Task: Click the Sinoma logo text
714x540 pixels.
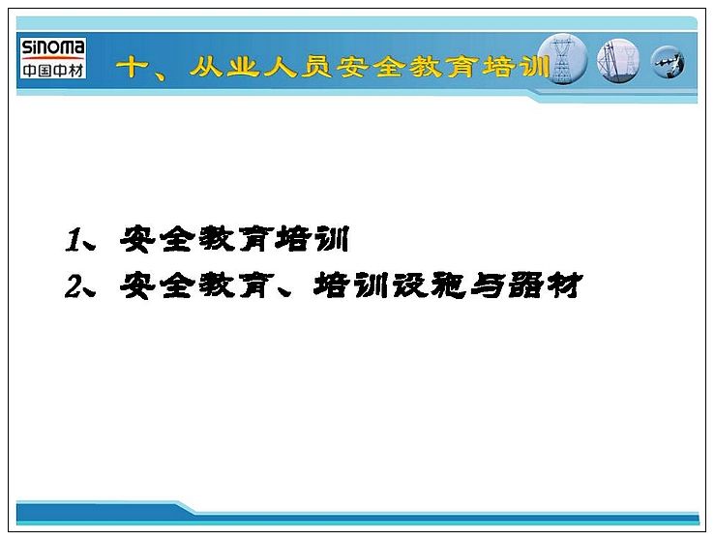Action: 53,47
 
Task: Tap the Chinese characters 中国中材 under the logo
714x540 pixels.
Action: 53,70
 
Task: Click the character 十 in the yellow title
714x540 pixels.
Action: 132,68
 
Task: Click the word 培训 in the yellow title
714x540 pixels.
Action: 516,67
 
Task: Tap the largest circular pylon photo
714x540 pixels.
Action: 563,59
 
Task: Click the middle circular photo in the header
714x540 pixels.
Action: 618,61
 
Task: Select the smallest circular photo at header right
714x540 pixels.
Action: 668,62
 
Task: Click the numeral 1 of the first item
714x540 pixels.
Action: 73,240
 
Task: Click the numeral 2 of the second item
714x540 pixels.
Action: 73,286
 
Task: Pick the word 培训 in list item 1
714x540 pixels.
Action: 312,239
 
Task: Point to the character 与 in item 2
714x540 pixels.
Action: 487,285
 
